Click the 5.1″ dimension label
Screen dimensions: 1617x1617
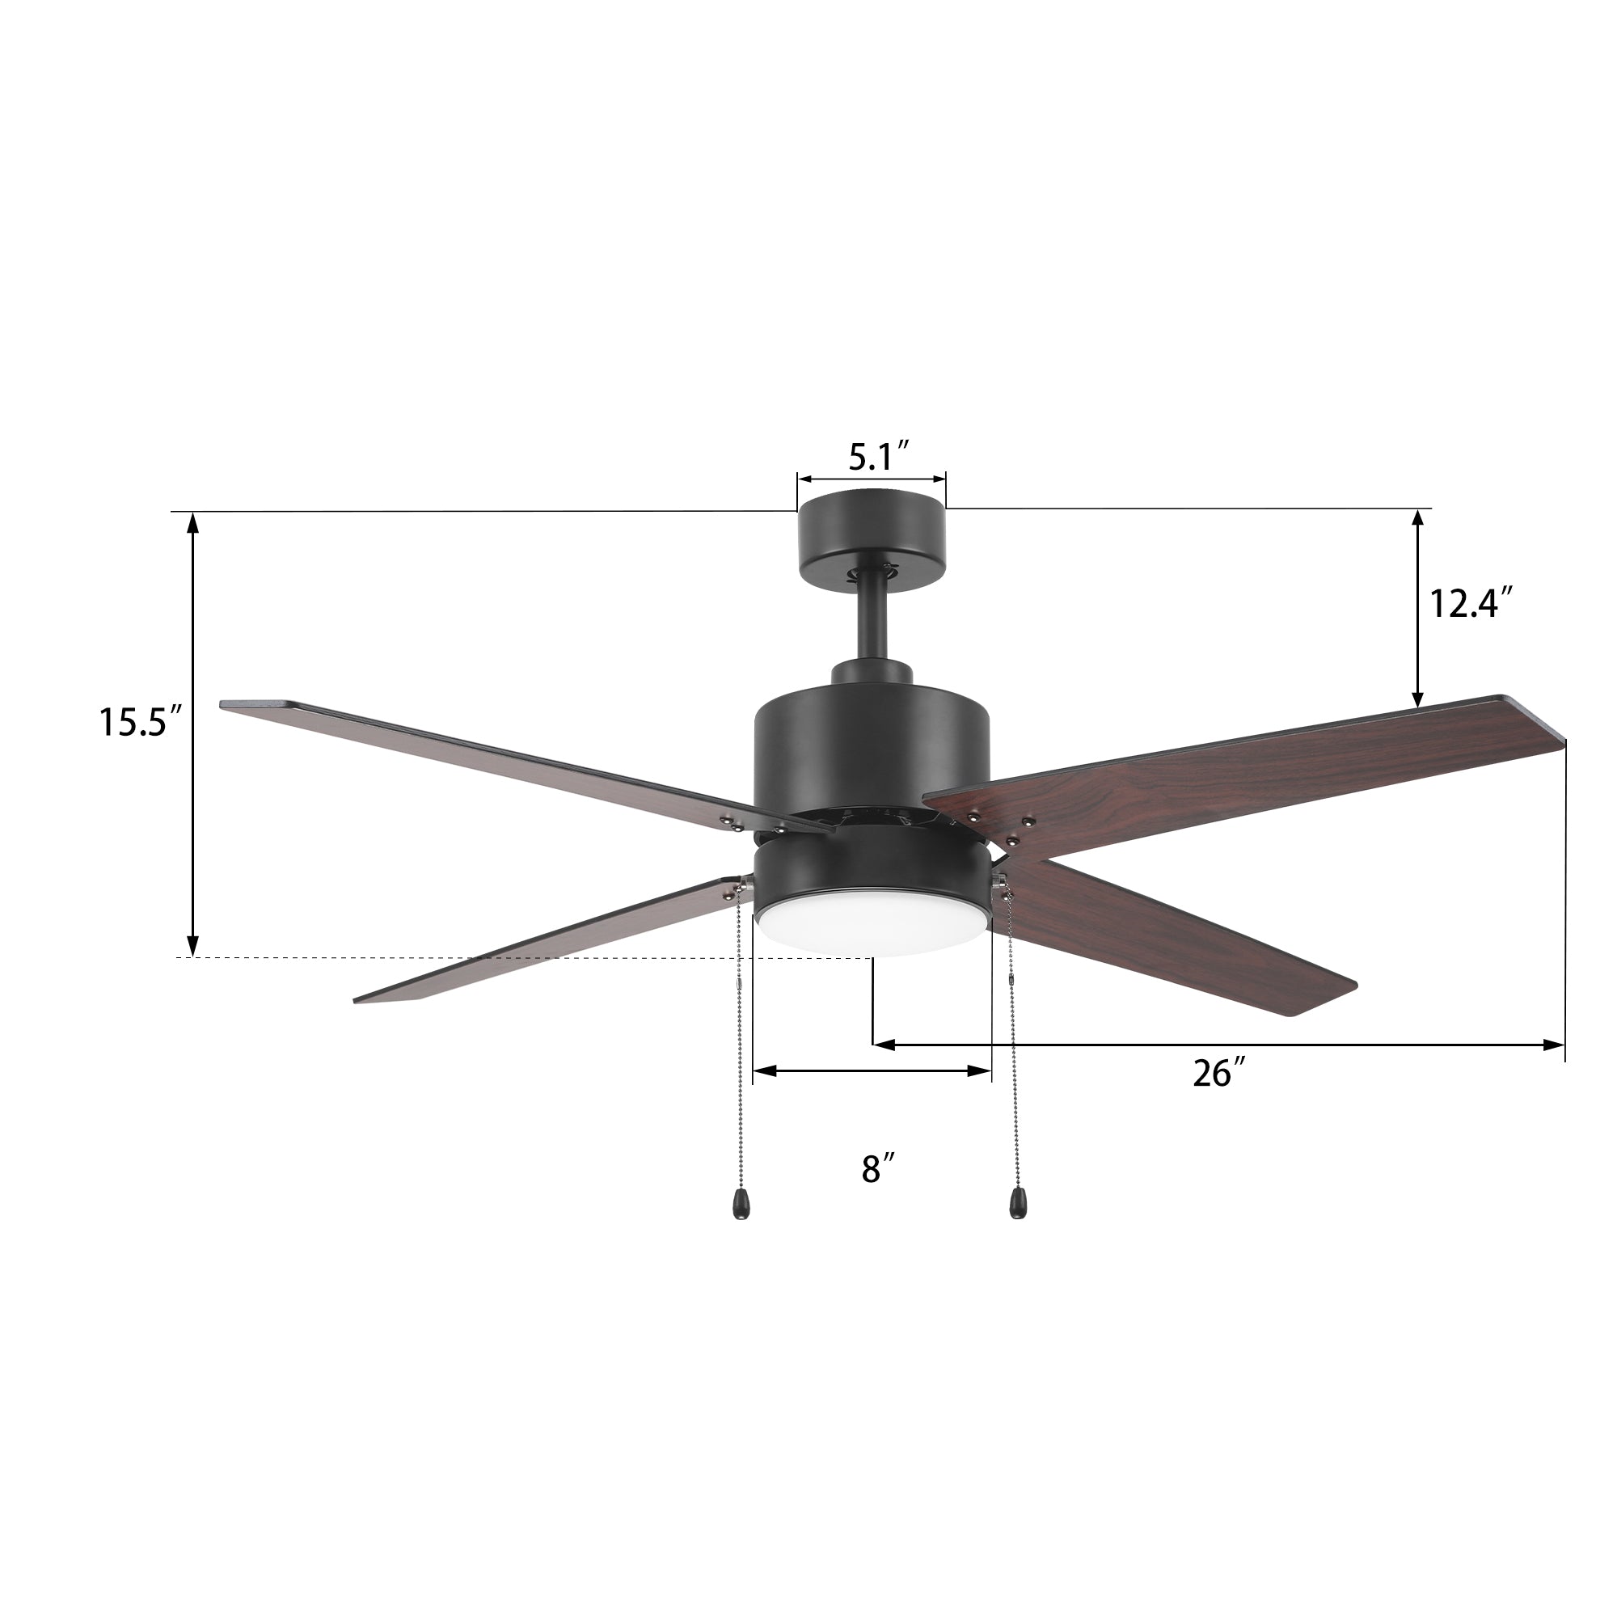click(879, 457)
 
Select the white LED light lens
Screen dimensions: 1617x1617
click(872, 932)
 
